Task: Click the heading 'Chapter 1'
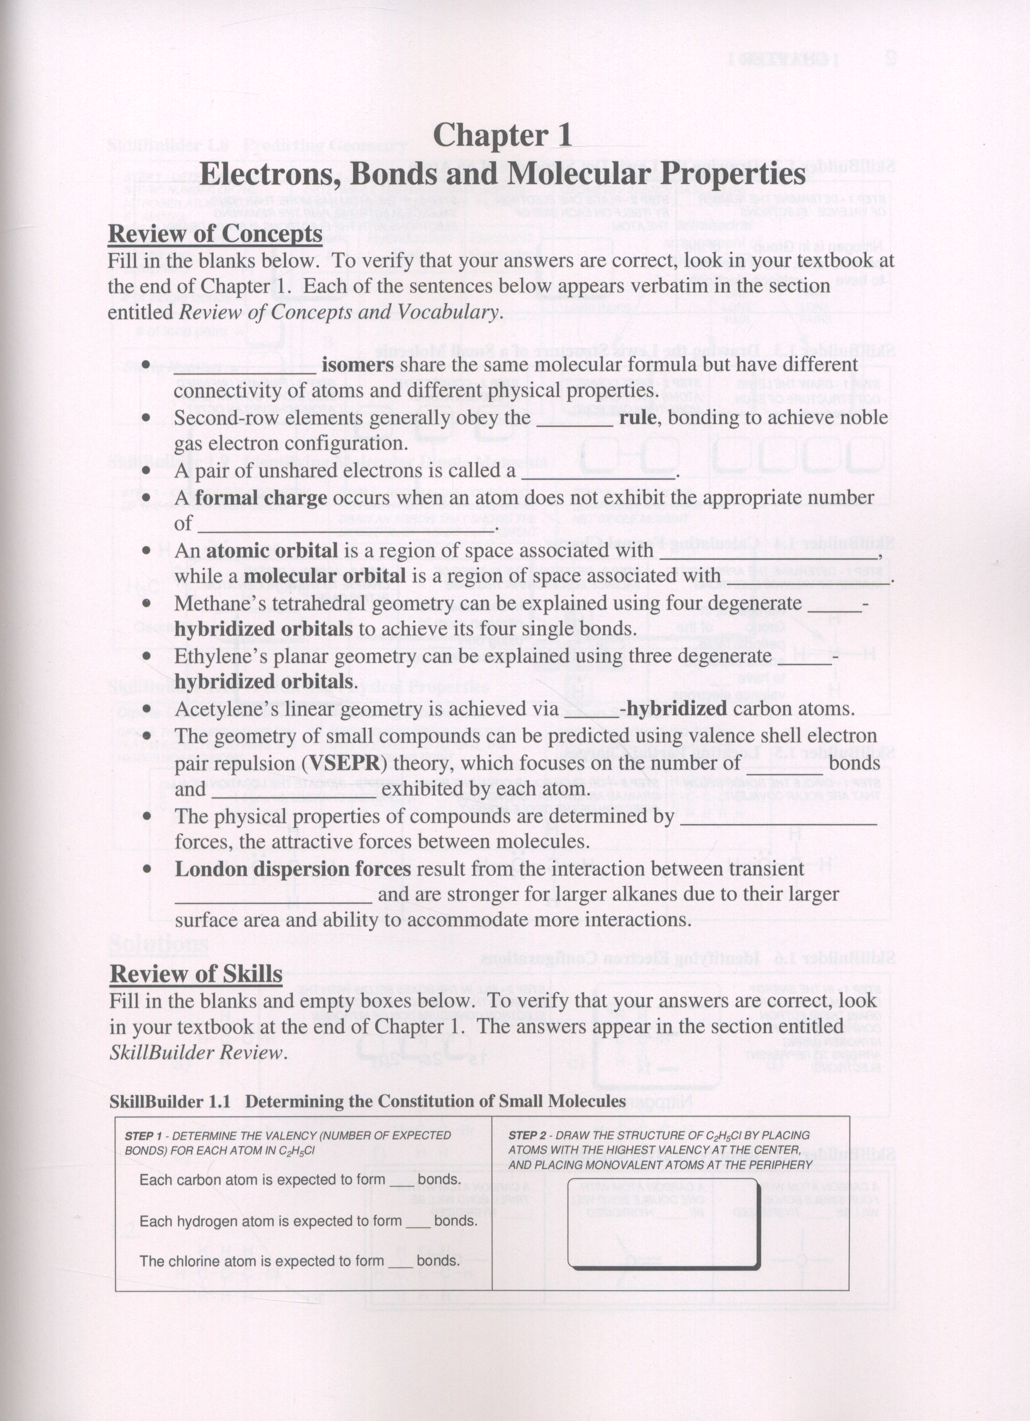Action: tap(503, 135)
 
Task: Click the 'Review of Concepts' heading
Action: tap(215, 234)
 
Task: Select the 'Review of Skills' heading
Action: tap(196, 974)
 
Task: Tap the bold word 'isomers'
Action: tap(358, 365)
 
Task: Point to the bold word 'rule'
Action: tap(638, 417)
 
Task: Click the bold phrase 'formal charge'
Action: tap(261, 498)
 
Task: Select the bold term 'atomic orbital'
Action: tap(272, 550)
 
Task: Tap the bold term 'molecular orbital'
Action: tap(324, 576)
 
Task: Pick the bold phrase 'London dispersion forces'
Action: tap(293, 869)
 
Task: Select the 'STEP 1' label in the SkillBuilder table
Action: tap(143, 1136)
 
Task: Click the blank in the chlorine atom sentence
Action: tap(401, 1261)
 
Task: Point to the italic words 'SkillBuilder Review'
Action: tap(197, 1053)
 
